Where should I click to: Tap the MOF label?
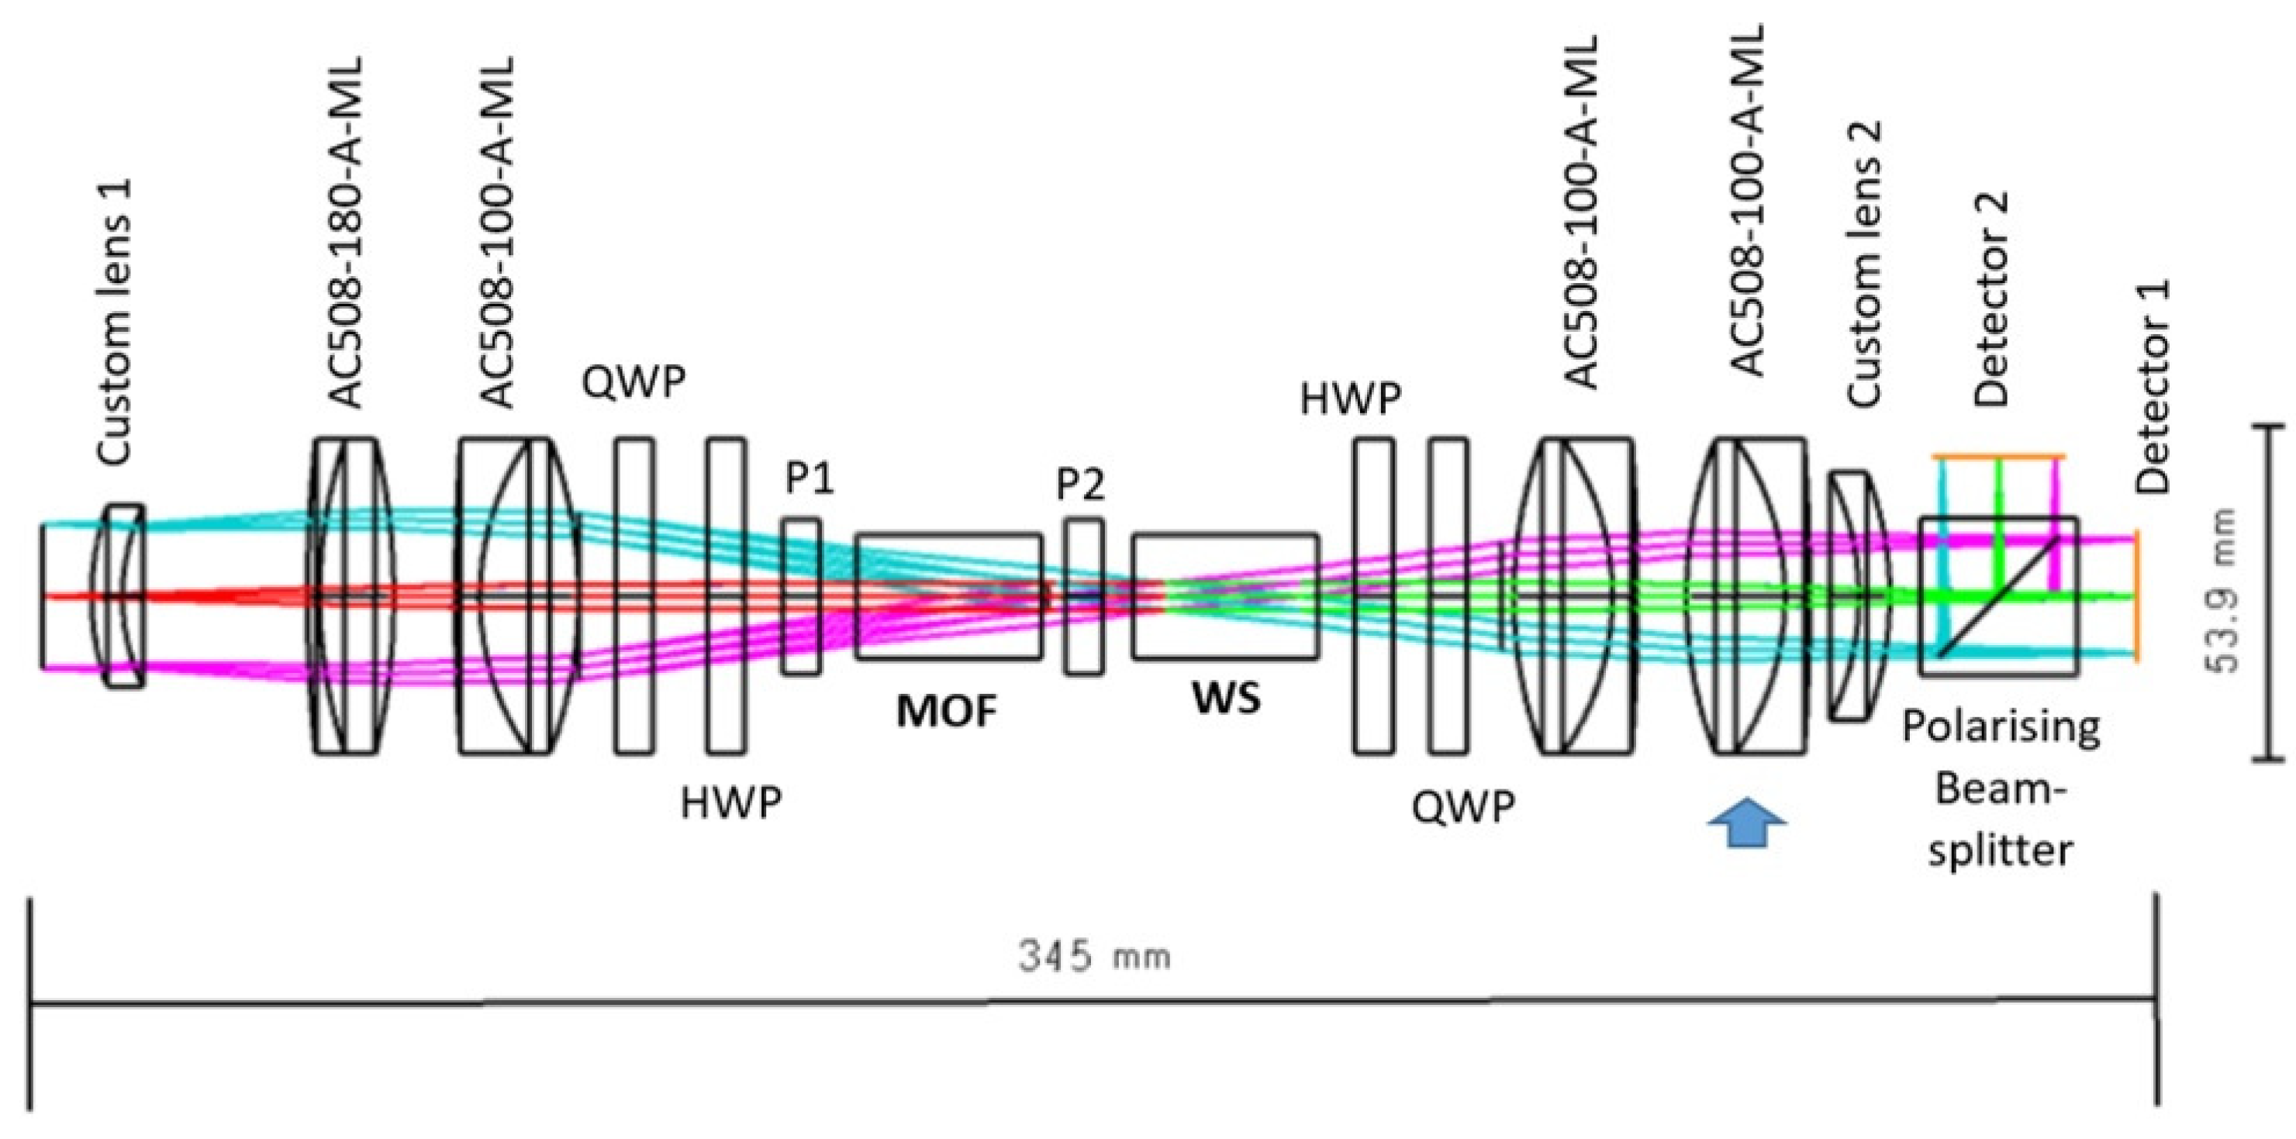947,712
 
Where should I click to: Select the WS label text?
1227,699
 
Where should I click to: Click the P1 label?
810,479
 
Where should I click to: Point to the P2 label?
1080,484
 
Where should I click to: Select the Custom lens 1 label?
115,322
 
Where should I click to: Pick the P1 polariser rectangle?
800,597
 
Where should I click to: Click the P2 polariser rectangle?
1083,597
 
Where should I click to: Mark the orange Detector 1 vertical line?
2135,597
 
